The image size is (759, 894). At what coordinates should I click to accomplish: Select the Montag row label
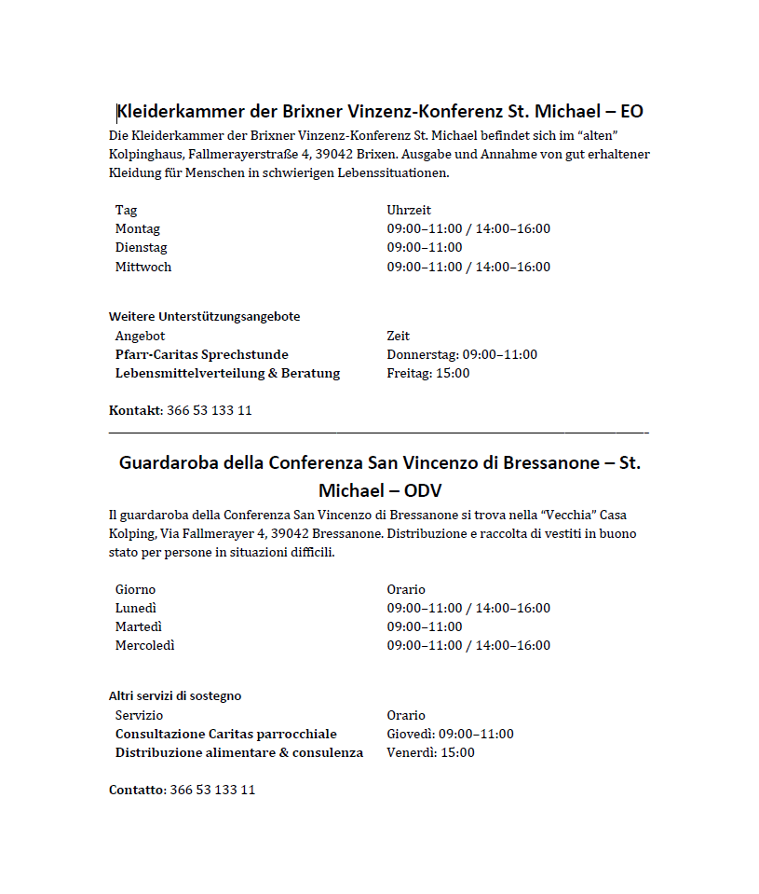[138, 229]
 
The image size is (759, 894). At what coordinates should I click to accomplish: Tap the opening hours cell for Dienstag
[425, 248]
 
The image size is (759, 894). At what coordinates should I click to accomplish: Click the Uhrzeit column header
[409, 211]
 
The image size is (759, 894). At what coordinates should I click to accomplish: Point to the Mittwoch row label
[143, 268]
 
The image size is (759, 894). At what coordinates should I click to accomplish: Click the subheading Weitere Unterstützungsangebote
[204, 317]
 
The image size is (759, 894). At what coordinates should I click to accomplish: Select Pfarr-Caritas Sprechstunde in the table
[202, 355]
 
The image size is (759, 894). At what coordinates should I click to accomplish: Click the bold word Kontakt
[135, 411]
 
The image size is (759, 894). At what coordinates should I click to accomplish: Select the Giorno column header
[136, 590]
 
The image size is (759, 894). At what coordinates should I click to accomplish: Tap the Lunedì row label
[136, 609]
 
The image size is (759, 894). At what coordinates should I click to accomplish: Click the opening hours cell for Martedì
[425, 627]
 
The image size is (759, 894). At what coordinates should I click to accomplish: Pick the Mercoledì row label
[145, 646]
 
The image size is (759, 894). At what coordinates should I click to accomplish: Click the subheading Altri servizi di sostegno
[175, 696]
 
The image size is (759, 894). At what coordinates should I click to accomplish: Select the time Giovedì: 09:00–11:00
[450, 735]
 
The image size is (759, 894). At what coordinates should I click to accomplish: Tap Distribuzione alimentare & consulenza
[239, 753]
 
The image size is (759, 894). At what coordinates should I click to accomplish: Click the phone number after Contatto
[213, 791]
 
